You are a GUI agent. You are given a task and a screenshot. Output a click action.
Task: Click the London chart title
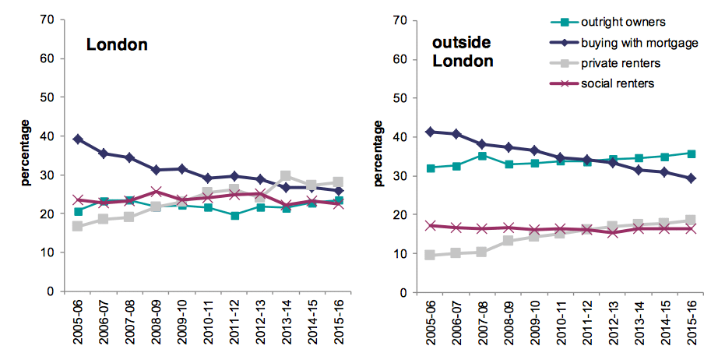pos(117,45)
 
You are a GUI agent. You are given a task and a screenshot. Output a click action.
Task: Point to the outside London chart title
pos(463,51)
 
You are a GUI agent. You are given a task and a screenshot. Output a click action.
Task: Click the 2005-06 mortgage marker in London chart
pos(78,139)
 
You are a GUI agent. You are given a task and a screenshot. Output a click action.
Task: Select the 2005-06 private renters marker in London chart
pos(78,226)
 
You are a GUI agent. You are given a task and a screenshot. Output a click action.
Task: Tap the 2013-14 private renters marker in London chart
pos(285,176)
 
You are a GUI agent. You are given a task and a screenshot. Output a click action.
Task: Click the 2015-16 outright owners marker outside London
pos(691,154)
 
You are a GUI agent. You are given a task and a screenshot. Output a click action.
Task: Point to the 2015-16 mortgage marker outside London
pos(691,178)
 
